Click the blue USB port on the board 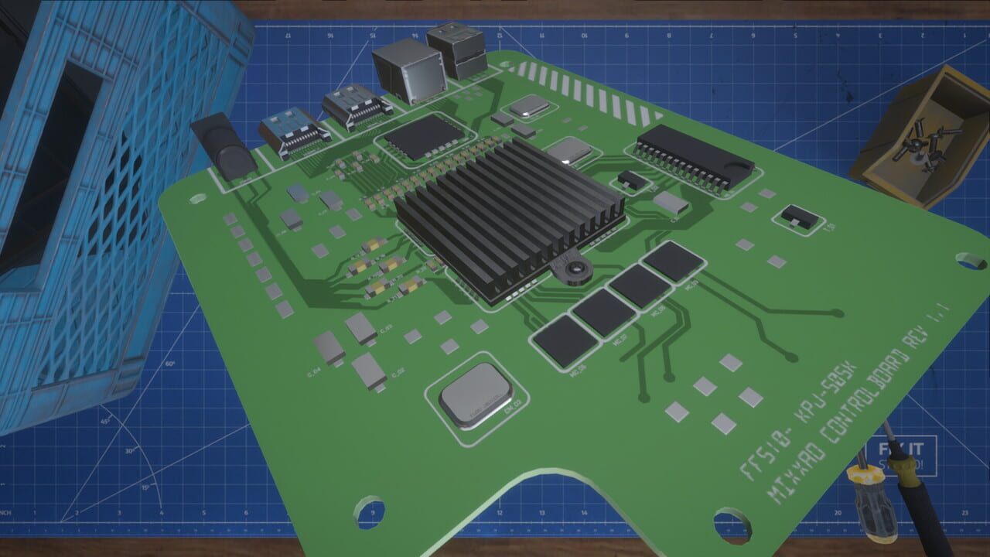[x=292, y=132]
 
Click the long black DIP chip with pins [x=694, y=157]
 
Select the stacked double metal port [x=456, y=50]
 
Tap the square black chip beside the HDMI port [x=423, y=138]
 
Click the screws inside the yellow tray [x=924, y=147]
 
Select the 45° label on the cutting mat [x=104, y=421]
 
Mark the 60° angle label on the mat [x=169, y=364]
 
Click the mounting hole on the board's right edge [x=971, y=261]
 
